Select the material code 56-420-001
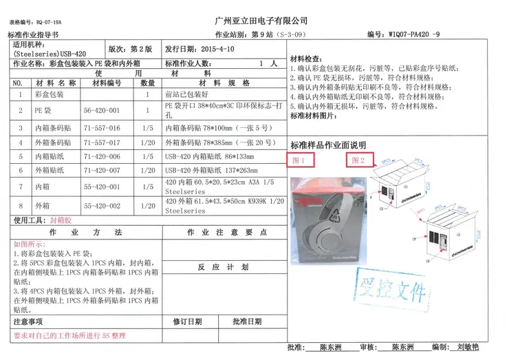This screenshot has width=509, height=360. [102, 110]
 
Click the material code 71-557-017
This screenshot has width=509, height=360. [102, 143]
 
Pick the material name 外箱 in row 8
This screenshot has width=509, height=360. [43, 206]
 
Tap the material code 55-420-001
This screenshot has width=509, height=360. [102, 187]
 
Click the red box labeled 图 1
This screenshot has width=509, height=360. [300, 160]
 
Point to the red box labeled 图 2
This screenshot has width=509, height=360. [358, 160]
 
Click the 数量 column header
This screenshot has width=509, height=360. [148, 83]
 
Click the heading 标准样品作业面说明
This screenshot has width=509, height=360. [328, 145]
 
